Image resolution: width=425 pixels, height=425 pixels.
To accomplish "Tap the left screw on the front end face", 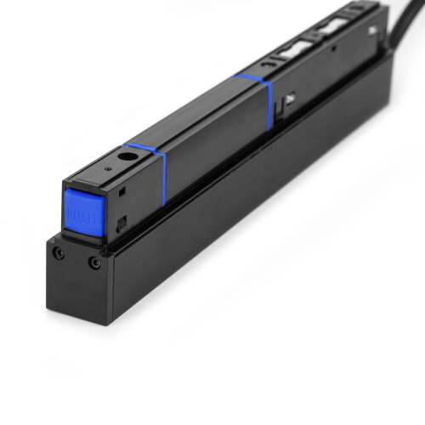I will pos(58,254).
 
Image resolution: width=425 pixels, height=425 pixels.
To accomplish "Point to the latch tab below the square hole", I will pos(122,224).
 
